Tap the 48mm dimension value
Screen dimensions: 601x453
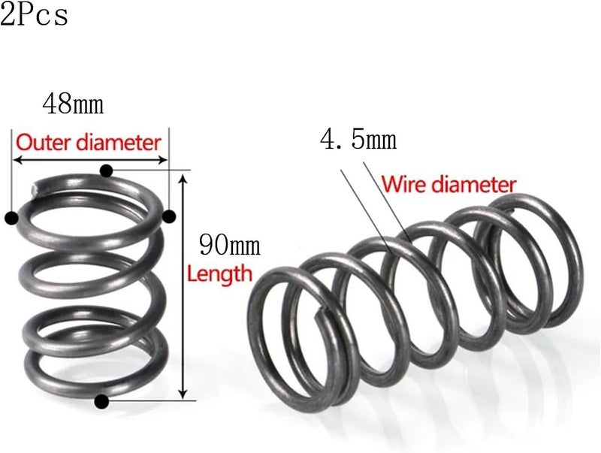click(x=73, y=104)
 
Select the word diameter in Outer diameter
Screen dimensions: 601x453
click(x=119, y=142)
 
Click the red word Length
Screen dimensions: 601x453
click(x=220, y=273)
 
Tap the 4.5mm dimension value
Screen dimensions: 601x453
click(x=358, y=140)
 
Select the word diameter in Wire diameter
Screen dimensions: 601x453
click(x=474, y=184)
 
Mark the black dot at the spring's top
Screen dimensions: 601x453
click(x=106, y=171)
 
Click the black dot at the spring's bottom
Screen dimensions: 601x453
click(x=101, y=401)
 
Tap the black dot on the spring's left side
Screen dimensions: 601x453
click(x=12, y=218)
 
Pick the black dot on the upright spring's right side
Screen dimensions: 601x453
click(x=169, y=216)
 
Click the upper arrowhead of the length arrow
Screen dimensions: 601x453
click(x=183, y=177)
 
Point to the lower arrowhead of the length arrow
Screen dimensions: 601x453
click(x=183, y=394)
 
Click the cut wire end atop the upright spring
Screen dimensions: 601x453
click(x=35, y=188)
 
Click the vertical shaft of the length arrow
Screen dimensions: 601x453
click(x=183, y=286)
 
